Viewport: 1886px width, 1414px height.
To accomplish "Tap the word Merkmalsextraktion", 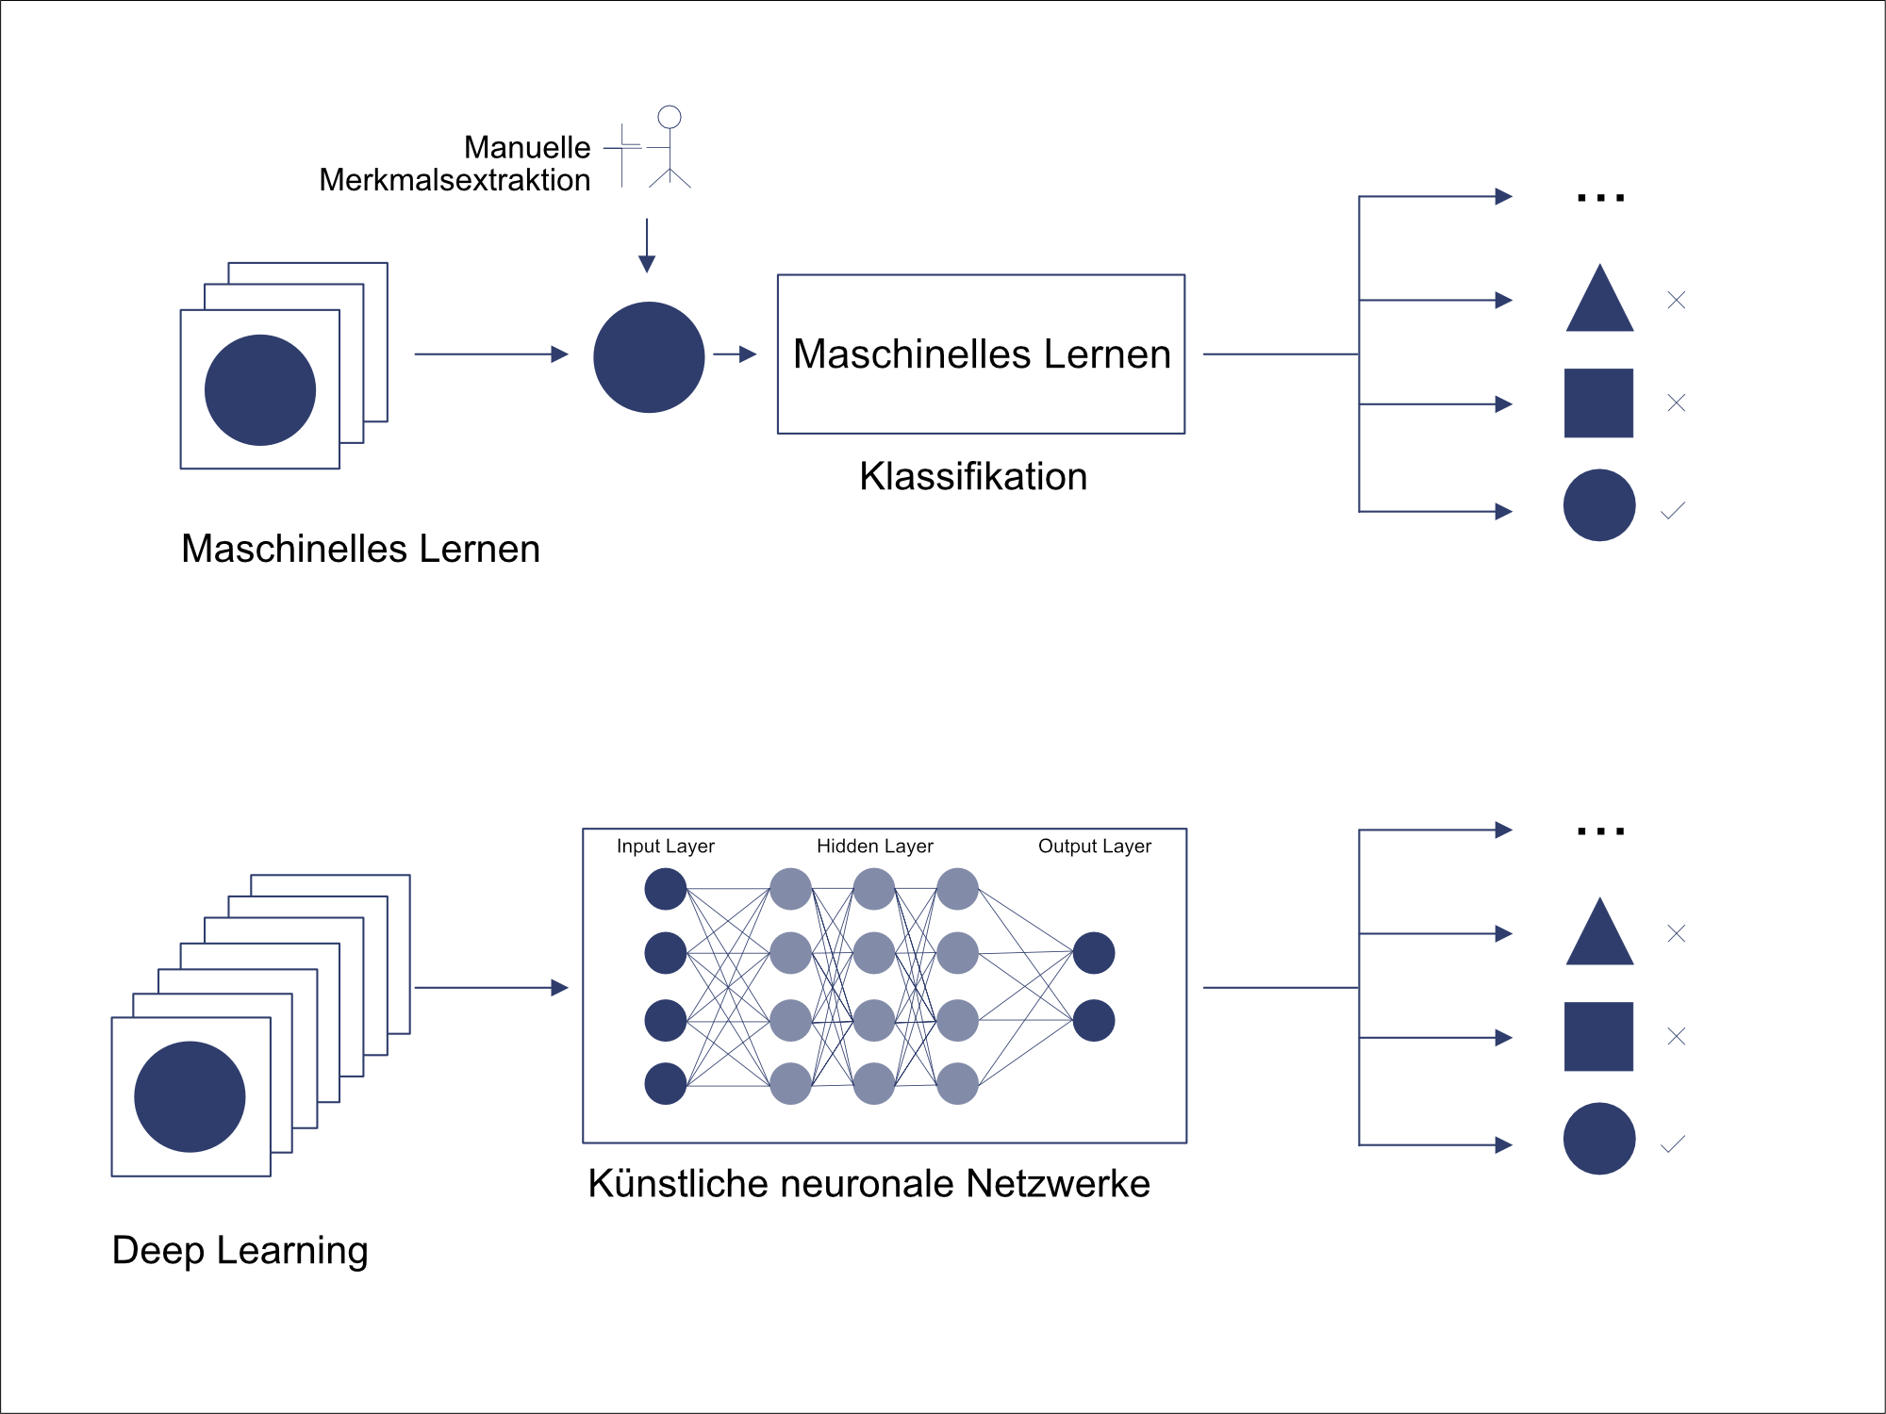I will tap(455, 180).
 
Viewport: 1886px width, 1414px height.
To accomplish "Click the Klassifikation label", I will tap(973, 477).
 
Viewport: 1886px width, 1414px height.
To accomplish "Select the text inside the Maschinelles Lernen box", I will tap(982, 354).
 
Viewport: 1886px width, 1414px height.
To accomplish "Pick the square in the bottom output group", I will tap(1598, 1036).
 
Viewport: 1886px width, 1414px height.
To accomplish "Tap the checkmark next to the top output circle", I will tap(1673, 511).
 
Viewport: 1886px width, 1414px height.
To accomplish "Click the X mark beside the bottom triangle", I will tap(1676, 933).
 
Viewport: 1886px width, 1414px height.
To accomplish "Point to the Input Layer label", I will tap(665, 847).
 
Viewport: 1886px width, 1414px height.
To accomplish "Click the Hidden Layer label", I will tap(874, 847).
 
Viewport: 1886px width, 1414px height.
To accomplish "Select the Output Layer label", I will tap(1094, 847).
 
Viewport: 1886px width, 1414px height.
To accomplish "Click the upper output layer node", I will tap(1094, 953).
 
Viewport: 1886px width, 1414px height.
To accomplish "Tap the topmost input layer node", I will tap(665, 889).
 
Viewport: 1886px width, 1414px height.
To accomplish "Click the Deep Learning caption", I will tap(240, 1251).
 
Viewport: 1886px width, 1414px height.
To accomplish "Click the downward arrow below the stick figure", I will tap(647, 247).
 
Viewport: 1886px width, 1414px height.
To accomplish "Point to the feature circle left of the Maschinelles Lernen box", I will tap(649, 357).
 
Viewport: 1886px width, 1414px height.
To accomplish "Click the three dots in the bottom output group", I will tap(1600, 831).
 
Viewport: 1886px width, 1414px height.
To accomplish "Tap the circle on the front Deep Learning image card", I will tap(190, 1096).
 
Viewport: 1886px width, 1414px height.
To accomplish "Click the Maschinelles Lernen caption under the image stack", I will tap(360, 549).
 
